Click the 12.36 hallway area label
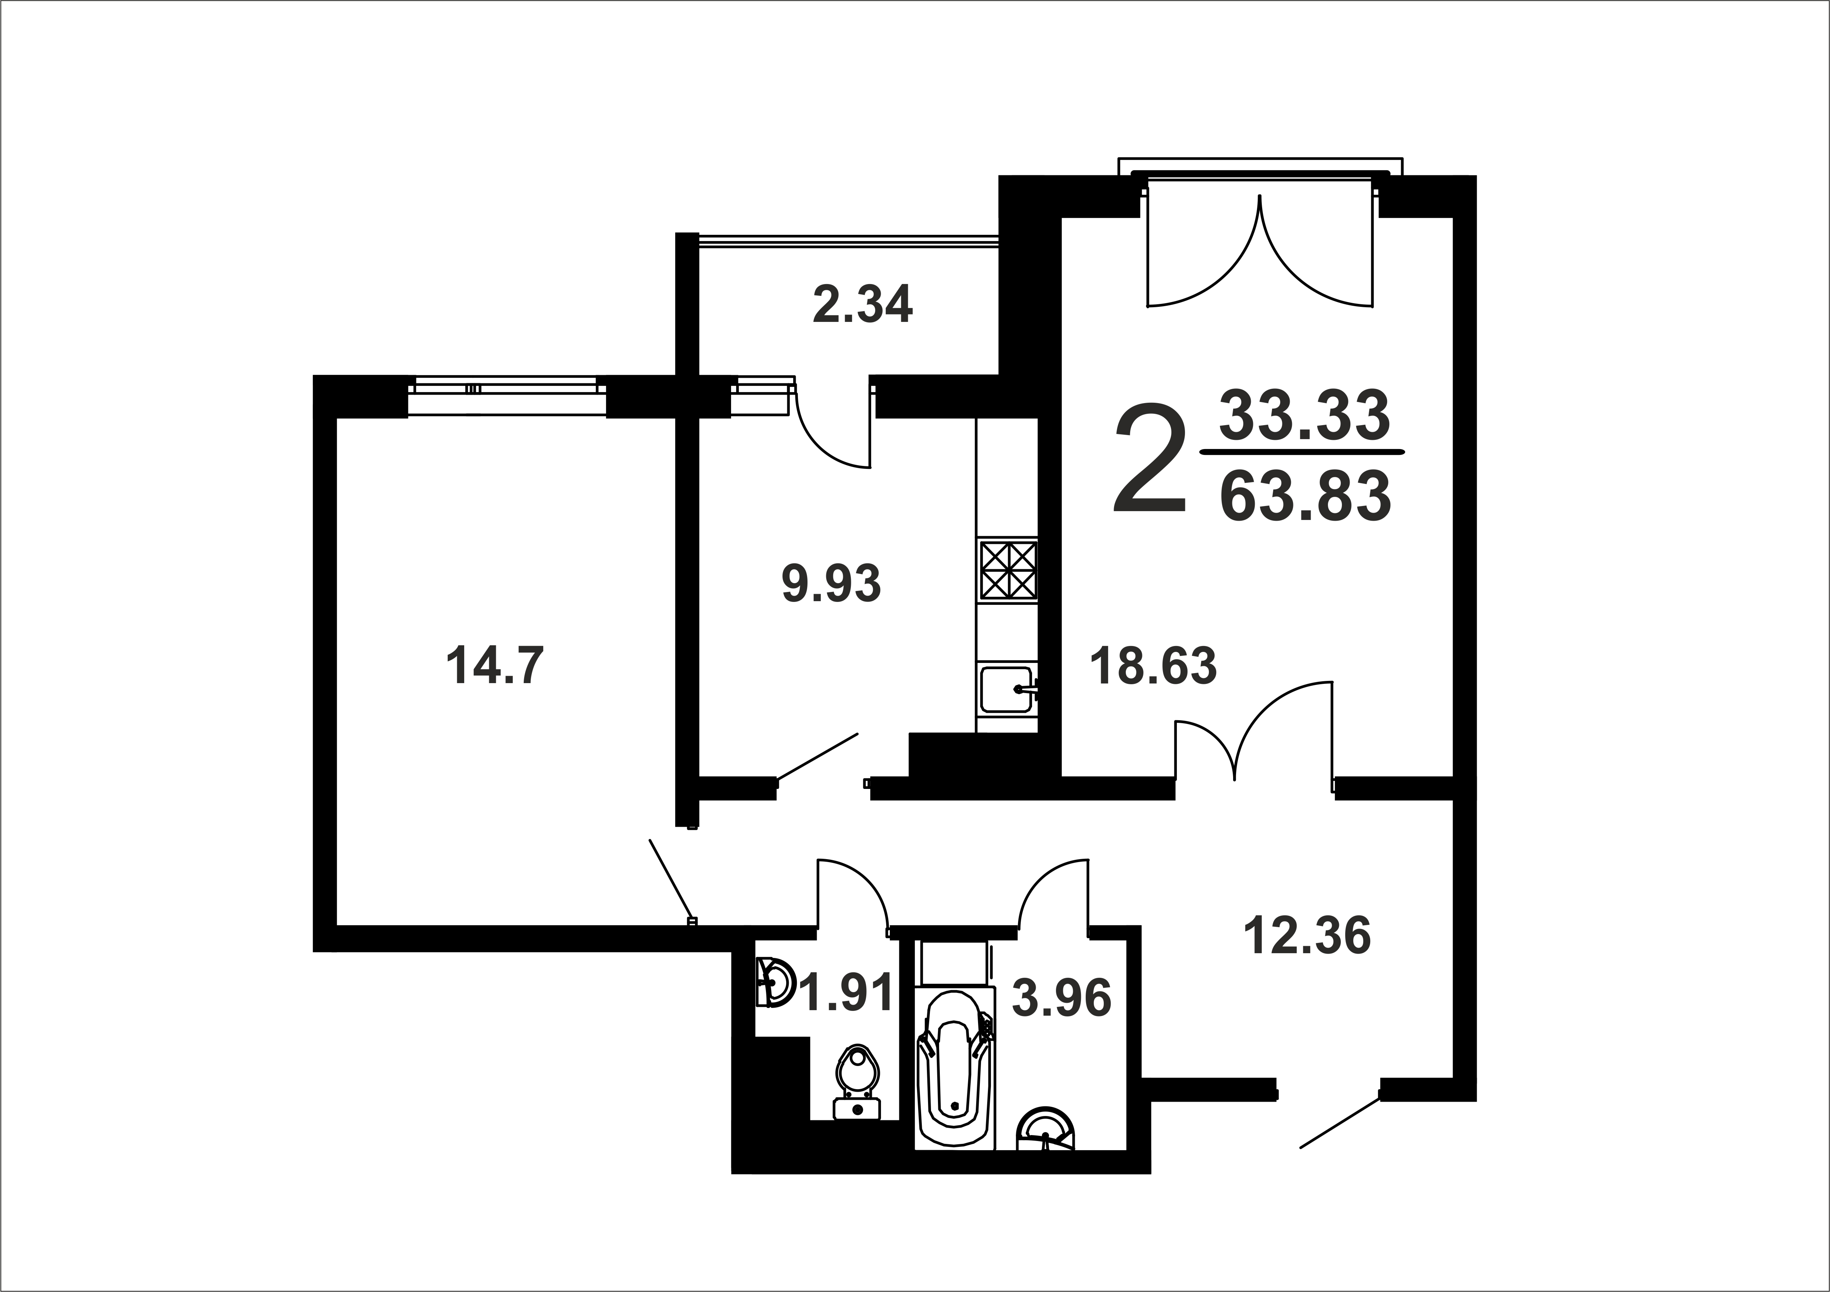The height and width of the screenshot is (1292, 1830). (1307, 935)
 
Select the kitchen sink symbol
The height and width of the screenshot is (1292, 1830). (1007, 689)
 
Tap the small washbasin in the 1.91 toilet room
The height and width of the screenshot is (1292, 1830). (773, 983)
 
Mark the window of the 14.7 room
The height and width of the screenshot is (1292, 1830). (507, 395)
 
